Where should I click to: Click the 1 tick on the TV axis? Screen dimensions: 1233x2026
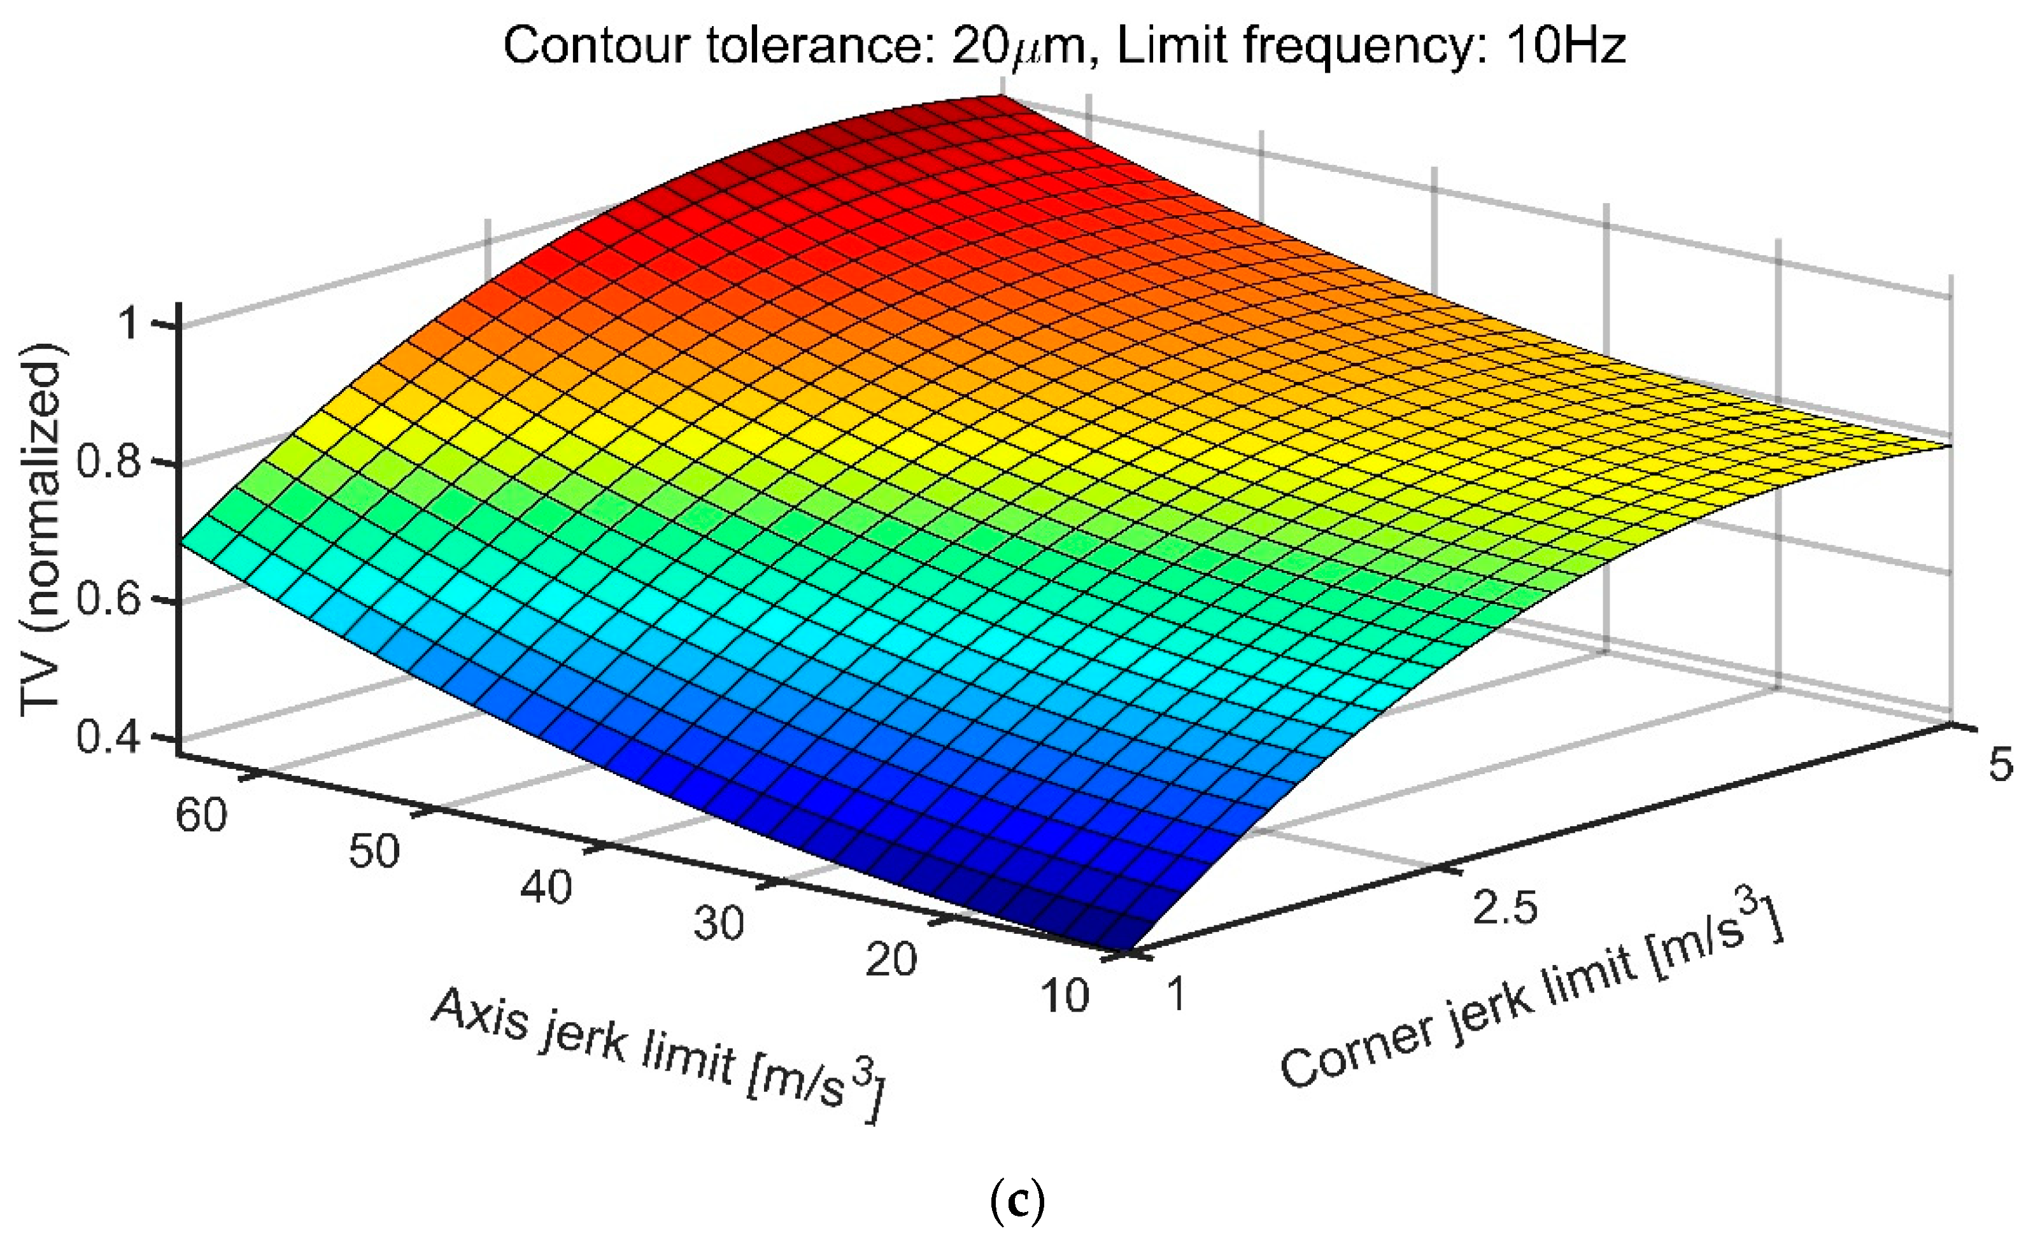point(132,325)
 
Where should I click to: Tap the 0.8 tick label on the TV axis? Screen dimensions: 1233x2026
point(111,463)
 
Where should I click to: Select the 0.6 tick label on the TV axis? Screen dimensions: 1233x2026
point(111,600)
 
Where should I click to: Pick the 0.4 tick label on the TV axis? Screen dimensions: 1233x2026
point(111,737)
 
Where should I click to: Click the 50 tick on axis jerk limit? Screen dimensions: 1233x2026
point(374,852)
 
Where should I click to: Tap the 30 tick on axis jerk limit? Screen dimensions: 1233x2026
point(719,923)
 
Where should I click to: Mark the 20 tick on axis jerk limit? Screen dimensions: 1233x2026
point(891,959)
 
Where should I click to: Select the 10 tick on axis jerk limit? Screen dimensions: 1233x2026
point(1064,996)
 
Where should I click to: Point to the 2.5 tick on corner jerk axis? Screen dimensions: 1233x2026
point(1505,908)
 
